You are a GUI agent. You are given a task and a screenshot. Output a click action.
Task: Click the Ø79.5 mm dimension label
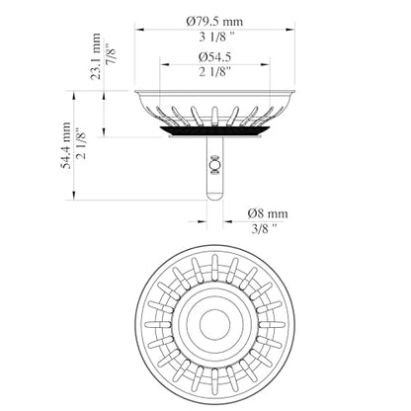point(214,22)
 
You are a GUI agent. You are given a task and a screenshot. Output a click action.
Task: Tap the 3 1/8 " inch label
point(216,38)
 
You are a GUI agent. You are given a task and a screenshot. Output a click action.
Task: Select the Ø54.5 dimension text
point(214,57)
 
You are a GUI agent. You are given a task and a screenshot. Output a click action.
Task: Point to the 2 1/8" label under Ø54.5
point(214,71)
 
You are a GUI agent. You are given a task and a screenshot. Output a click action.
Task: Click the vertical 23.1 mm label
point(96,56)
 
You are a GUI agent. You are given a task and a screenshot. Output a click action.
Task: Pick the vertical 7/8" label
point(112,52)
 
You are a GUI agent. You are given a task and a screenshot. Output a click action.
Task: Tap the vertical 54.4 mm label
point(66,145)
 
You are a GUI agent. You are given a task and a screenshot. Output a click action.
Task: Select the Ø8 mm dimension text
point(268,213)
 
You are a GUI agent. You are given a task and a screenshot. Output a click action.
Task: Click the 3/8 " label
point(264,228)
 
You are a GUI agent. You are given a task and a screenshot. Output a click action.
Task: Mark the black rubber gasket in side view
point(214,131)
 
